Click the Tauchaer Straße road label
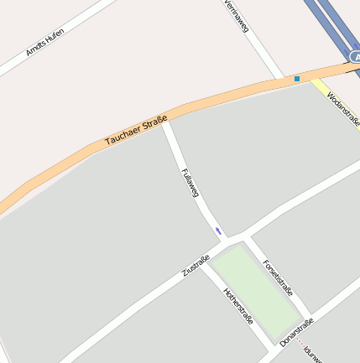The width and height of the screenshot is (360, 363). point(136,132)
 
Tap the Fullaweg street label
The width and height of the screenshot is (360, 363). point(190,184)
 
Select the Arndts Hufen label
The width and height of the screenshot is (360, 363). point(44,42)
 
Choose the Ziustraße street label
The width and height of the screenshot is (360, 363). point(195,266)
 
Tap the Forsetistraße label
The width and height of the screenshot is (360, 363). point(277,278)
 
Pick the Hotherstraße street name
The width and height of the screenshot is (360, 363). point(238,307)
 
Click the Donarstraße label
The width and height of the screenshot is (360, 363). point(297,332)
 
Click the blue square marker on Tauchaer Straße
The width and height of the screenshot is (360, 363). point(296,79)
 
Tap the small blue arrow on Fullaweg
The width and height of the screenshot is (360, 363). point(218,231)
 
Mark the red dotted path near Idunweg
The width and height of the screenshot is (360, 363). point(300,343)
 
